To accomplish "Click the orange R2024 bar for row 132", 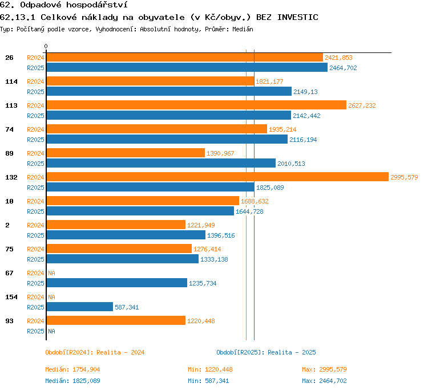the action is (x=217, y=177).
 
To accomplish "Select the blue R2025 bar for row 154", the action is (x=80, y=307).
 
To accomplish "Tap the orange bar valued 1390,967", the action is (x=126, y=153).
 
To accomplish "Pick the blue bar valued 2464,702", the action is (x=187, y=67).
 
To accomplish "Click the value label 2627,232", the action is (x=362, y=105).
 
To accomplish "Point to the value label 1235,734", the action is (x=203, y=283).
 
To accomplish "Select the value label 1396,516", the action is (x=221, y=235).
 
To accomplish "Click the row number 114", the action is (x=11, y=82).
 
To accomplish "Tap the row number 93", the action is (x=9, y=321).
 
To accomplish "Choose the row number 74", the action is (x=9, y=129).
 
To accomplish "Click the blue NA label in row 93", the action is (x=51, y=331).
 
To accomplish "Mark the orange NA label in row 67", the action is (x=51, y=273).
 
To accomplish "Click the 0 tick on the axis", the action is (x=46, y=46).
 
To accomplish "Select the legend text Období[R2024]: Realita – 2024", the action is (x=95, y=352).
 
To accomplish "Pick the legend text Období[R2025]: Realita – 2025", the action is (x=266, y=352).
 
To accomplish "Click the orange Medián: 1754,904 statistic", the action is (x=72, y=369).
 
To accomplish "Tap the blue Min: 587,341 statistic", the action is (x=208, y=381).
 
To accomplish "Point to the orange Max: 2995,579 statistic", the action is (x=324, y=369).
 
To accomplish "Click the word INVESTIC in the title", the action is (x=298, y=18).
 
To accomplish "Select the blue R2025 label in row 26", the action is (x=35, y=68).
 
